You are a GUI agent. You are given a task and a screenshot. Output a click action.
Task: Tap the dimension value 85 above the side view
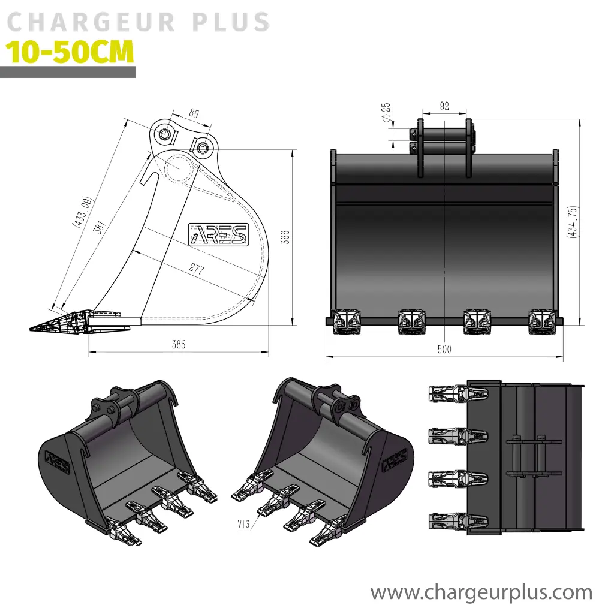coord(194,113)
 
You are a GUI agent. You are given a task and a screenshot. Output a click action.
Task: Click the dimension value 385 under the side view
coord(178,345)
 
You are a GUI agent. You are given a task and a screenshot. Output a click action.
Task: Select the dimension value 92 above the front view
coord(444,107)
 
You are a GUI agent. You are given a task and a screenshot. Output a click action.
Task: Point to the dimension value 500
coord(444,350)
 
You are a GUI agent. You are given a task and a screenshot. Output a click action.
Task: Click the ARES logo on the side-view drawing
coord(218,234)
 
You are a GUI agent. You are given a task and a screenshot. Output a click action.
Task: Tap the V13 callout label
coord(243,524)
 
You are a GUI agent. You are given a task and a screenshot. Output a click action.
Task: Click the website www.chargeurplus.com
coord(481,592)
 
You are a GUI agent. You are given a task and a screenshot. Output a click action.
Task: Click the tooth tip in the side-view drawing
coord(36,327)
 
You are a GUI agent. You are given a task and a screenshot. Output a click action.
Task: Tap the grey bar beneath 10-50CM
coord(68,73)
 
